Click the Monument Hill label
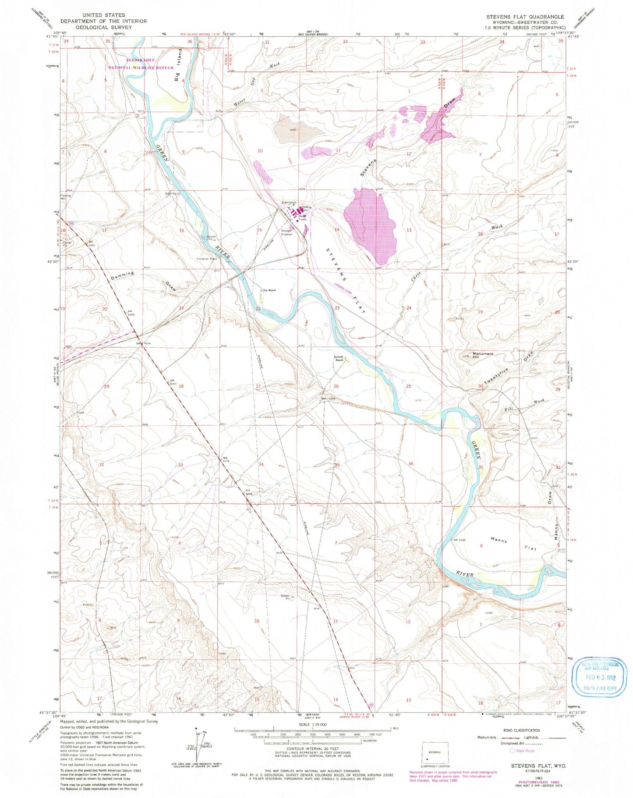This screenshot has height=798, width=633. (482, 355)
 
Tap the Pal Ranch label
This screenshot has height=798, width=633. (269, 290)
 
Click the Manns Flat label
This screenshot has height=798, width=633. (513, 544)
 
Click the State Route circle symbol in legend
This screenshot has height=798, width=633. (512, 751)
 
